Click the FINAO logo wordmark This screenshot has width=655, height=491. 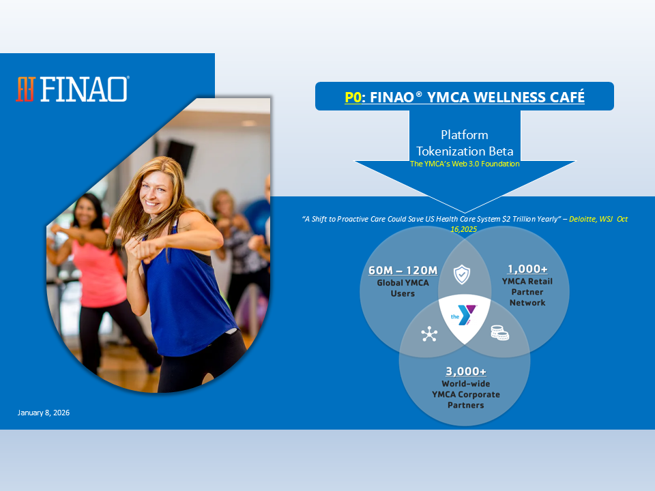pyautogui.click(x=84, y=89)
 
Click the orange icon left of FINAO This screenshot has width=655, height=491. pyautogui.click(x=25, y=89)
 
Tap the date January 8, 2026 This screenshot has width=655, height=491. pyautogui.click(x=44, y=413)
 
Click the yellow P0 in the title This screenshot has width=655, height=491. pyautogui.click(x=353, y=97)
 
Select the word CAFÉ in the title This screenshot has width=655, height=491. pyautogui.click(x=567, y=97)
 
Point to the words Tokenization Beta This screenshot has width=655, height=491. pyautogui.click(x=465, y=151)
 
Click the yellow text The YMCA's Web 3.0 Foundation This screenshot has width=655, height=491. pyautogui.click(x=465, y=164)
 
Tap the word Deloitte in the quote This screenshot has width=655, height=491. pyautogui.click(x=583, y=219)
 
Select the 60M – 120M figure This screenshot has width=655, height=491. pyautogui.click(x=403, y=270)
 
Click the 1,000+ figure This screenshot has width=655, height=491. pyautogui.click(x=527, y=269)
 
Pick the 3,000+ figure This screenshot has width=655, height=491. pyautogui.click(x=466, y=371)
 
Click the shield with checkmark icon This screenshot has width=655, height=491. pyautogui.click(x=462, y=274)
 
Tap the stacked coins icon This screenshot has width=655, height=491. pyautogui.click(x=499, y=333)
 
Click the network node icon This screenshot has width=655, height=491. pyautogui.click(x=429, y=334)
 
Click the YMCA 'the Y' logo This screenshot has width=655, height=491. pyautogui.click(x=464, y=316)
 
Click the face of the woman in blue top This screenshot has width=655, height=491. pyautogui.click(x=156, y=193)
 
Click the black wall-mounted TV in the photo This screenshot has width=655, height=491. pyautogui.click(x=179, y=157)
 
